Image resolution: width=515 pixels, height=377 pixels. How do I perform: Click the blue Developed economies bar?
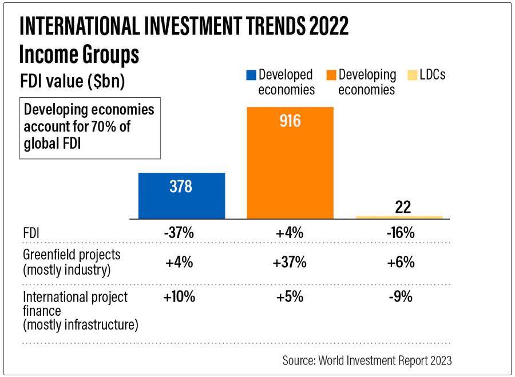tap(181, 196)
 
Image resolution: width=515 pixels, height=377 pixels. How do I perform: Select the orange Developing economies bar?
tap(290, 163)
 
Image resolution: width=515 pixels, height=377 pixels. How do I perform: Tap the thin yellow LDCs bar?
tap(399, 217)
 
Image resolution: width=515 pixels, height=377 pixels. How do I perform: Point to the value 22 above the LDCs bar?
tap(403, 207)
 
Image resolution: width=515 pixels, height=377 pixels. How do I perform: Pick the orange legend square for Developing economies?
tap(331, 75)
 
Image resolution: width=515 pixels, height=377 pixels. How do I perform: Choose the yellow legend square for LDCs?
tap(410, 75)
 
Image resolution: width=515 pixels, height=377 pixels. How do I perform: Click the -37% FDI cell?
tap(179, 233)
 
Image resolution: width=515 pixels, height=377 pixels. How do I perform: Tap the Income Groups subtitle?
tap(79, 55)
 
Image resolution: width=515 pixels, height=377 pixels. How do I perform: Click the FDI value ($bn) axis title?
tap(72, 82)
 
